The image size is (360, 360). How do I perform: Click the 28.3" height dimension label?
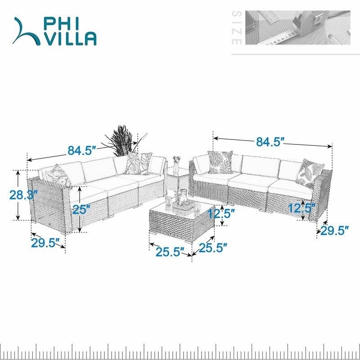click(x=23, y=195)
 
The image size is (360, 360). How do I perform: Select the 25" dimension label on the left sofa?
click(x=81, y=209)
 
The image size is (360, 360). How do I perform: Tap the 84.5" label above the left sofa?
click(x=81, y=150)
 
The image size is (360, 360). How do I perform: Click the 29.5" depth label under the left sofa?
click(x=45, y=243)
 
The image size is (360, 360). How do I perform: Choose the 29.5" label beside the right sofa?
click(x=335, y=230)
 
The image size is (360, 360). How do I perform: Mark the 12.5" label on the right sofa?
click(x=301, y=208)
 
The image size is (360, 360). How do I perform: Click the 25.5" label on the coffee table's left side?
click(x=171, y=252)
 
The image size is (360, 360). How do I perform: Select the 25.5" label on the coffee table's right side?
click(x=213, y=248)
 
